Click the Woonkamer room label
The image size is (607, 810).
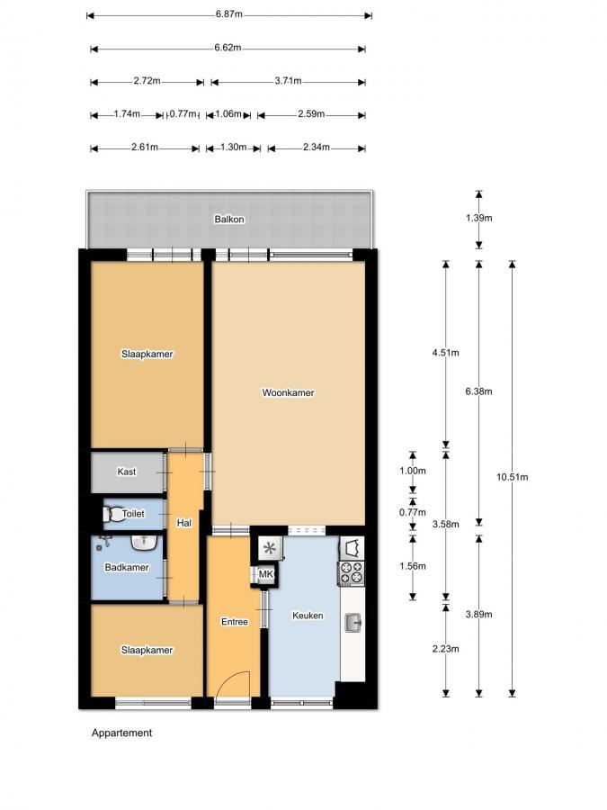point(288,392)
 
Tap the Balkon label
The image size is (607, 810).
point(228,220)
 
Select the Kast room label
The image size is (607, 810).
point(127,472)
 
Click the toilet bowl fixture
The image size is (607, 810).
point(113,514)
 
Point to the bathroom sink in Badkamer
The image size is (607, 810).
point(143,543)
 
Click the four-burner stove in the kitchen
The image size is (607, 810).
point(351,571)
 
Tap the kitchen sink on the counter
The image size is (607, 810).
point(354,620)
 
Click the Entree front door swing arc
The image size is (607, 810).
point(234,681)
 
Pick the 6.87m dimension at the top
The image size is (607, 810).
point(228,15)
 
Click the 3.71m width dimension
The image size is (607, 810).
point(288,82)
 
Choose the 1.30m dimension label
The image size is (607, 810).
point(232,148)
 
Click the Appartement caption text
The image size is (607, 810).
point(121,733)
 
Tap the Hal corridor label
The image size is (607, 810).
point(183,522)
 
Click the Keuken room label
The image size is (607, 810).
point(308,616)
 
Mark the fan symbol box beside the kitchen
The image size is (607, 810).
point(269,547)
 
